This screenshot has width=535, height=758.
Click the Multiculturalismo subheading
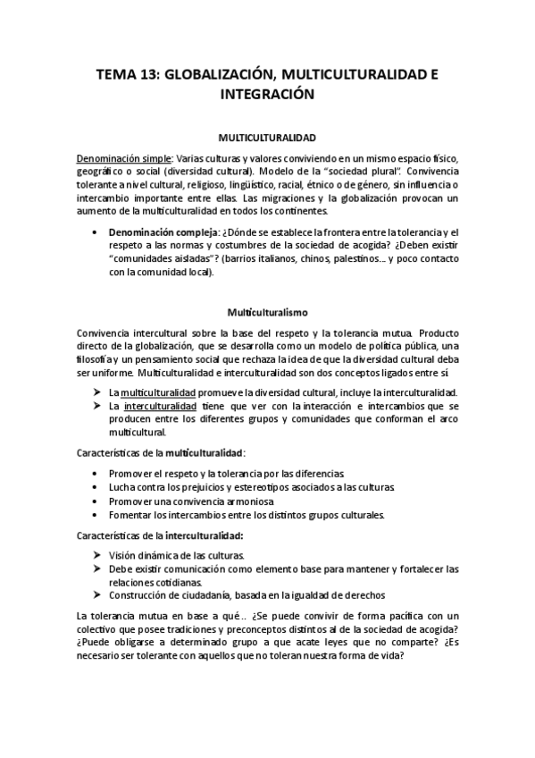(267, 313)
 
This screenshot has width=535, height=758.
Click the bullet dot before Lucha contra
(96, 486)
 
